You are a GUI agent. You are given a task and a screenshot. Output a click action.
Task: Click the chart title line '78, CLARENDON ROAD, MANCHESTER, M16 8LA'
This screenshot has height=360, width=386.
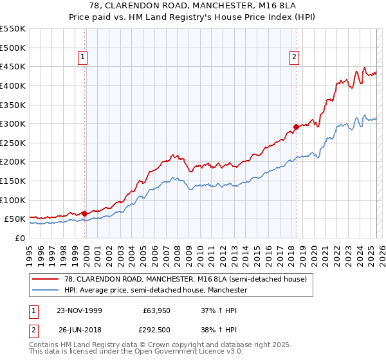192,6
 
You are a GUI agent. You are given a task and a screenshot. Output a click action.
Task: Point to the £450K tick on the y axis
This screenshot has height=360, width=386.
13,66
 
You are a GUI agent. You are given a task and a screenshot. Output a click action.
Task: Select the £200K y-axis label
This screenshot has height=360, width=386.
13,162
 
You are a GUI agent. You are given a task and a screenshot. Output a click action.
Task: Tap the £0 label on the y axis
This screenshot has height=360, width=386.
20,238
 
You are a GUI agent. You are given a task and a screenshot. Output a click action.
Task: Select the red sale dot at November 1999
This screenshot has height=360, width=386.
85,213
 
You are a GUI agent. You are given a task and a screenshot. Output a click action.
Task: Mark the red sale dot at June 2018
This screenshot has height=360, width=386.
296,127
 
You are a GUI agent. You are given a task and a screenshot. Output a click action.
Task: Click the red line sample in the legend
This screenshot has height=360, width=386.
46,279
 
